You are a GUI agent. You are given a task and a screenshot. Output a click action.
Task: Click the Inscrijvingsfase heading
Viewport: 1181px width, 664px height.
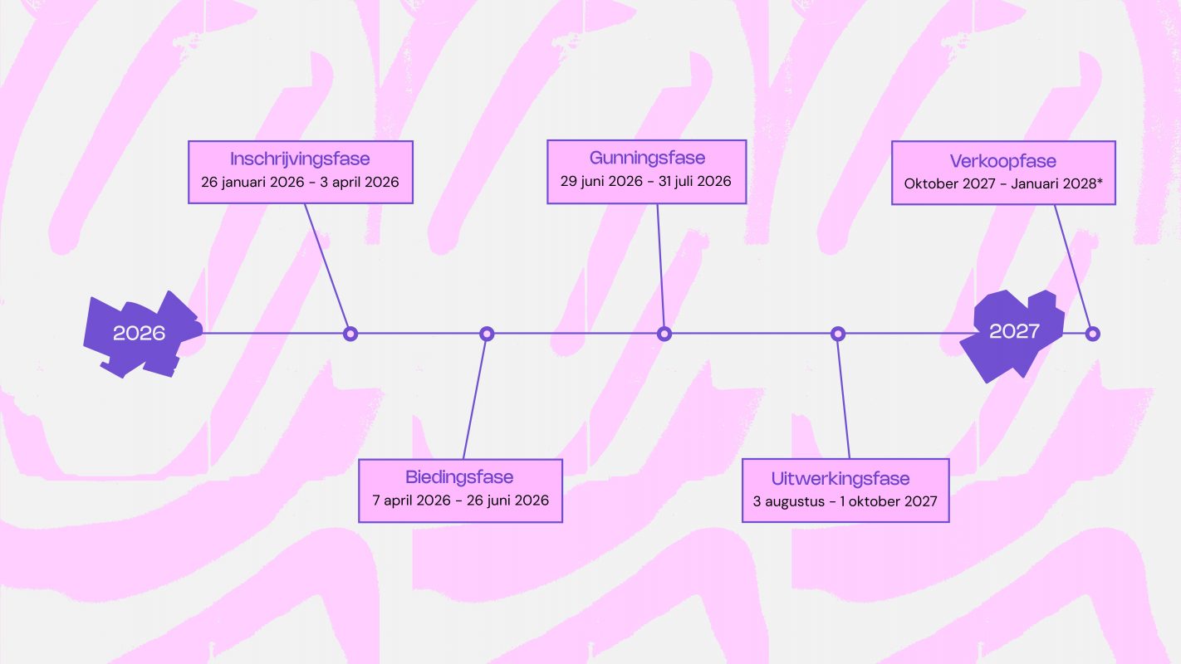(300, 159)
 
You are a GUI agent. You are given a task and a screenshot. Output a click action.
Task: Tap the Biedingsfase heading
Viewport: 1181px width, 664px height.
(459, 477)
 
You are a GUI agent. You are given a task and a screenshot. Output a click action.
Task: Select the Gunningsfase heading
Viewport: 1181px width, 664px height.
(647, 159)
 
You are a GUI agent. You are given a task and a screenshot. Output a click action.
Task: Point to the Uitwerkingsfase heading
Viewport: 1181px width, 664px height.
(840, 479)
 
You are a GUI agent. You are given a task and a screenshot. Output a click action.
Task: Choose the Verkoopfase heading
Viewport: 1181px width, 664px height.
(1002, 161)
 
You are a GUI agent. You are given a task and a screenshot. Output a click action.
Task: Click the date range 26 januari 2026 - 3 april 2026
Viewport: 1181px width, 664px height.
(300, 182)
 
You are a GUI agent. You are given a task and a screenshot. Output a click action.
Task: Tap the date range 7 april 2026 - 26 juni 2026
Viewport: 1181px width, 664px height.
(459, 500)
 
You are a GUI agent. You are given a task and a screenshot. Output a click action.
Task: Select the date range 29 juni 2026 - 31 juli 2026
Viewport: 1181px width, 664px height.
(646, 181)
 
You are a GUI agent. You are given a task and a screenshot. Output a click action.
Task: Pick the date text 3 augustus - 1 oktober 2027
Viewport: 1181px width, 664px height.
(845, 501)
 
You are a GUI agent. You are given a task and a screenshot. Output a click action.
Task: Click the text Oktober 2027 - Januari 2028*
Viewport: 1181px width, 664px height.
(1003, 183)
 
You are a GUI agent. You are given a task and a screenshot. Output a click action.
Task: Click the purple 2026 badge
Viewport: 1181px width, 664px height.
(140, 334)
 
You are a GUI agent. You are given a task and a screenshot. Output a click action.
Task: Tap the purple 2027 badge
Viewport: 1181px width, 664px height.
(1014, 332)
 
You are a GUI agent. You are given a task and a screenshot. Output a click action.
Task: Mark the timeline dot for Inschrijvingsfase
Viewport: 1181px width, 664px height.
(350, 334)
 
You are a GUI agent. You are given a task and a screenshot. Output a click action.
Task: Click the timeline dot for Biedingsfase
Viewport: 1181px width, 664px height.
(488, 334)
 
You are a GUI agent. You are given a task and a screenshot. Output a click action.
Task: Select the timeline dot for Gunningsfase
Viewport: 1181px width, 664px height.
(664, 334)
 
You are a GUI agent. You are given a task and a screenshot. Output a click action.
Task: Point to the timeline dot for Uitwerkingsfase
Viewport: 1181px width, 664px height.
(838, 334)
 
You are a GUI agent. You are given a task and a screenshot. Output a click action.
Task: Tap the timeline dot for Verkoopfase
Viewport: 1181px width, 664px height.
(1093, 334)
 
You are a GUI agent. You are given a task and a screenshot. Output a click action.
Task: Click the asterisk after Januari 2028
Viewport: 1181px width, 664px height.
(1099, 181)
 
